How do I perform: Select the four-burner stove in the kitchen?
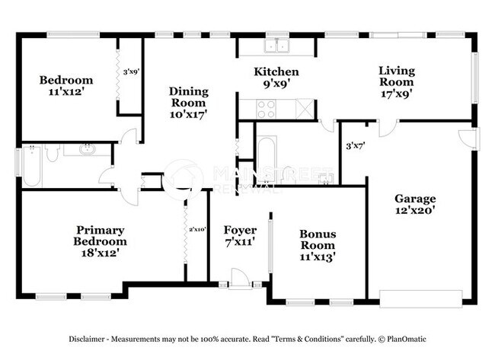tap(267, 110)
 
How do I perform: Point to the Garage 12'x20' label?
tap(415, 205)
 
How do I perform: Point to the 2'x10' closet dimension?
tap(197, 228)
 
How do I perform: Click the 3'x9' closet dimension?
tap(130, 72)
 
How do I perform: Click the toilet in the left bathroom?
tap(52, 153)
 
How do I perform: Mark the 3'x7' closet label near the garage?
tap(354, 145)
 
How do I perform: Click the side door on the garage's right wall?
tap(471, 139)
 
